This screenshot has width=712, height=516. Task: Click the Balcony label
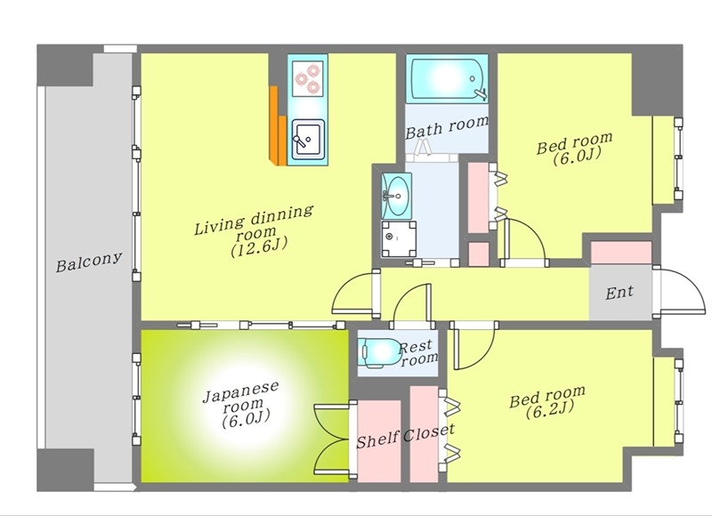[89, 262]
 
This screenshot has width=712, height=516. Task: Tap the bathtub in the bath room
[448, 78]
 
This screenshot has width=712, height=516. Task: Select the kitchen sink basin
[307, 139]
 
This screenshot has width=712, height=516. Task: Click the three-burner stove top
[308, 78]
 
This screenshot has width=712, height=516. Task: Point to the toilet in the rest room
[379, 351]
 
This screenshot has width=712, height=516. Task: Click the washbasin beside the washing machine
[396, 196]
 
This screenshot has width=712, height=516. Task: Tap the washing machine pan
[398, 239]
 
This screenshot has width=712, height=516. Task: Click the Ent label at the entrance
[619, 293]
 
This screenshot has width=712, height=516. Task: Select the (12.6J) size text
[259, 247]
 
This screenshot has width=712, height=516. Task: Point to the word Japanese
[240, 392]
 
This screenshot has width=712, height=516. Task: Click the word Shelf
[377, 439]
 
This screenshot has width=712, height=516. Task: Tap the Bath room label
[447, 127]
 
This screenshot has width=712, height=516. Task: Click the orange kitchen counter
[278, 125]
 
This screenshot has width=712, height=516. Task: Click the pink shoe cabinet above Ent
[620, 253]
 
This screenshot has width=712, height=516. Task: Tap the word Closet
[429, 433]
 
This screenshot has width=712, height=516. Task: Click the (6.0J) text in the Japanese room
[247, 418]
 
